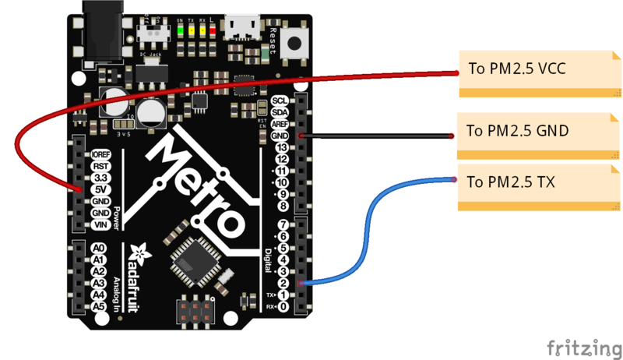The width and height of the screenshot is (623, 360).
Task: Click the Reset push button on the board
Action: [295, 44]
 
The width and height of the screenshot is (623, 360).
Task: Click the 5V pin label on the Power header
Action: [99, 189]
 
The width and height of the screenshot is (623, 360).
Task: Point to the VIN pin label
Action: [99, 224]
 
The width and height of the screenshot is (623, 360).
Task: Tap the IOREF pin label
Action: [99, 154]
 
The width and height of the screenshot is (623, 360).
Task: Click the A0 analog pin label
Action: [99, 249]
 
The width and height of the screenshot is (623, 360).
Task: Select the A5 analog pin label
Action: [99, 307]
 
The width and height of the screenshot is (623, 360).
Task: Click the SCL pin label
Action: [280, 101]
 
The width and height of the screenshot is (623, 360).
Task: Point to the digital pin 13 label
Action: [282, 147]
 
